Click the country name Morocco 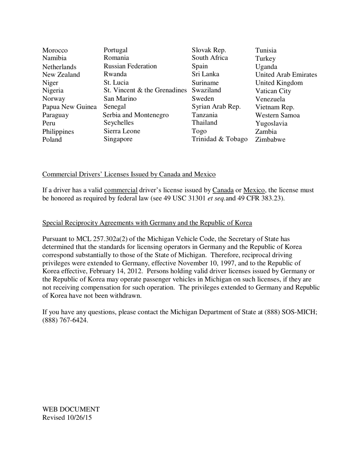click(55, 50)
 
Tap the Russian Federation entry click(130, 66)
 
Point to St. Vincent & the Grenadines click(145, 91)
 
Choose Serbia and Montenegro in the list click(136, 115)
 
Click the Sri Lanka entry click(205, 74)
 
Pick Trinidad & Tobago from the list click(219, 139)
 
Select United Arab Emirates click(286, 75)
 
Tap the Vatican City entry click(273, 91)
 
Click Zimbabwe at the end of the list click(270, 139)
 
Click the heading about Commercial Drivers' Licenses click(129, 174)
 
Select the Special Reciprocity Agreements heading click(147, 223)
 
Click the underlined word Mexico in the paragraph click(254, 190)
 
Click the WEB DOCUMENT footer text click(71, 410)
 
